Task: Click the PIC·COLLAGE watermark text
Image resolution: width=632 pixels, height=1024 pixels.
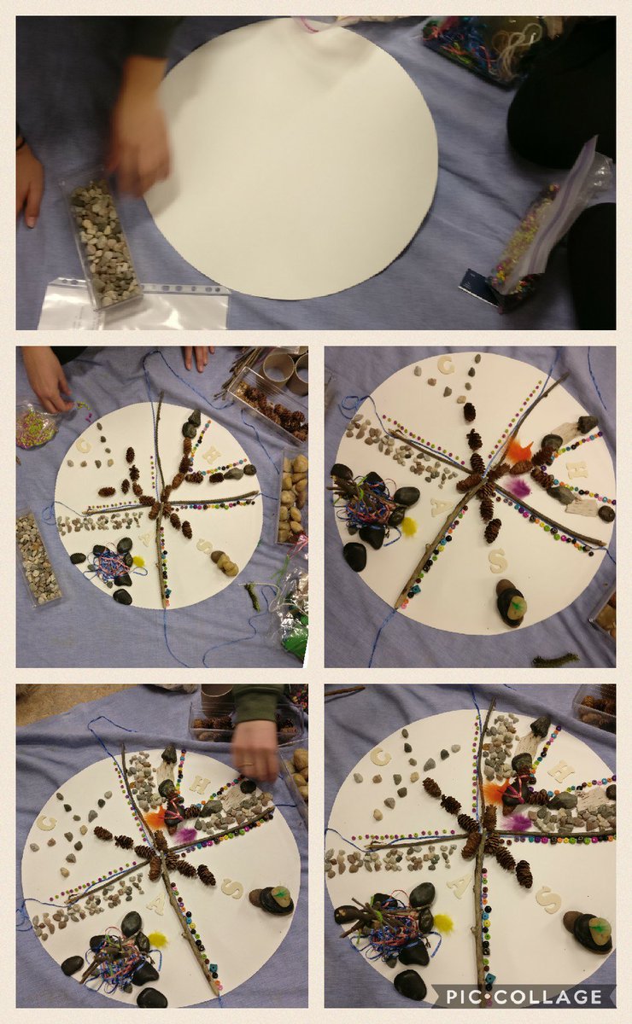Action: tap(523, 996)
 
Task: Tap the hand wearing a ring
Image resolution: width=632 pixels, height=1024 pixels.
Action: tap(255, 748)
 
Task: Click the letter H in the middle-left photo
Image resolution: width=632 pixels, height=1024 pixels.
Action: tap(210, 455)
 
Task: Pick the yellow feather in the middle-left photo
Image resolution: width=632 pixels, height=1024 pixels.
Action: tap(138, 561)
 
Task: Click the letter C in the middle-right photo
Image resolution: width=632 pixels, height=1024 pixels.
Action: tap(445, 365)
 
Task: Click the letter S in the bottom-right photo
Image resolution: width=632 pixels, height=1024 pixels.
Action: tap(550, 899)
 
